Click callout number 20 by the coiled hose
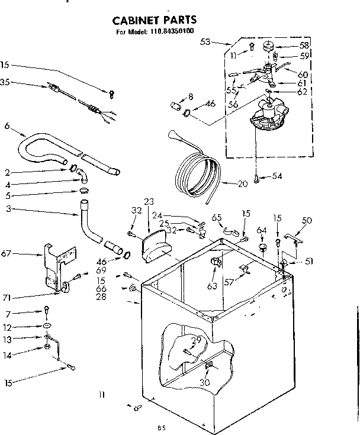(x=242, y=183)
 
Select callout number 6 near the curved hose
(x=7, y=125)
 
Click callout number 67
(x=7, y=253)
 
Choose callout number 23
(x=149, y=201)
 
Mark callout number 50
(x=307, y=220)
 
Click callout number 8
(x=191, y=96)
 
